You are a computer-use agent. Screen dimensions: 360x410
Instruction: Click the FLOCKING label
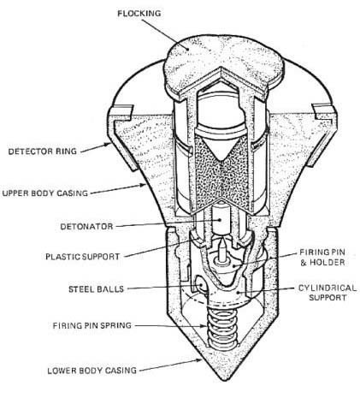coord(139,14)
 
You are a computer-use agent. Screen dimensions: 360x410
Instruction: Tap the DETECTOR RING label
coord(43,152)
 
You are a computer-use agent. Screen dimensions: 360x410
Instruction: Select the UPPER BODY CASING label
coord(45,193)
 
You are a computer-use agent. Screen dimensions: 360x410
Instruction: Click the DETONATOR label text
coord(86,227)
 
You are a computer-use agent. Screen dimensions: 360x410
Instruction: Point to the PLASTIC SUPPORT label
coord(83,257)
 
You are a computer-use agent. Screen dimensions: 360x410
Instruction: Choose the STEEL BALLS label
coord(97,289)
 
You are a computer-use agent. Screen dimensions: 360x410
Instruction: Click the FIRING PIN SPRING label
coord(92,325)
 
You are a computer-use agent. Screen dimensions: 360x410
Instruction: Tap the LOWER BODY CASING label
coord(92,371)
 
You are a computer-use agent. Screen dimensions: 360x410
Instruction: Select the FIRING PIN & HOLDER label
coord(322,257)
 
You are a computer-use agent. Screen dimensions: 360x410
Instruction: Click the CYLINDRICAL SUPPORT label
coord(328,293)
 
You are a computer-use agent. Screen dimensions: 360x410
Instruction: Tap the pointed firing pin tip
coord(221,241)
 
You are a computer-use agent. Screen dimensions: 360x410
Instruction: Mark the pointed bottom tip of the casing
coord(225,380)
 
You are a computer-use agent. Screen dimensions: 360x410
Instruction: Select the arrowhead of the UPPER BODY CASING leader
coord(143,186)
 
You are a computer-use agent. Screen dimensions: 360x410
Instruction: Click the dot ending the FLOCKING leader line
coord(187,49)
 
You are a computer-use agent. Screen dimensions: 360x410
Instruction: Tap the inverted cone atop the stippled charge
coord(220,148)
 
